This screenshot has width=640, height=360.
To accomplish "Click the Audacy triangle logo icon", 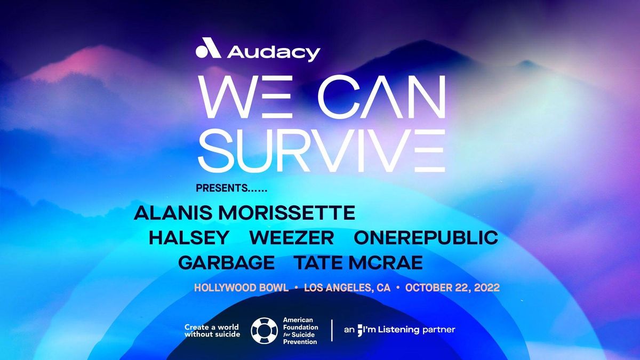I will [x=208, y=50].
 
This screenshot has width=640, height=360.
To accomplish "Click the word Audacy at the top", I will [x=273, y=52].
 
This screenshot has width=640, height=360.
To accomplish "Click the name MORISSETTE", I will [x=286, y=212].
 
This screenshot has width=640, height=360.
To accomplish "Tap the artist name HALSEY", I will [x=189, y=237].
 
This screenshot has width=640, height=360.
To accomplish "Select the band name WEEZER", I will [x=291, y=237].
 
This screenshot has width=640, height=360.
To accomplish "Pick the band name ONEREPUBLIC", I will [x=426, y=237].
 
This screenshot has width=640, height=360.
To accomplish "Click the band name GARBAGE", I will [x=227, y=262].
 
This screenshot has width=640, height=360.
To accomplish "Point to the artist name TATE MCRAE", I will [x=358, y=262].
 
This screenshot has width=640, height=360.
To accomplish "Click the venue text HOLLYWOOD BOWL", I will [x=241, y=287].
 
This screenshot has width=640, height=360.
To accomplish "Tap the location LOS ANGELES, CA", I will [x=347, y=287].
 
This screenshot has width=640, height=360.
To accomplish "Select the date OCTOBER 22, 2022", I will [x=452, y=287].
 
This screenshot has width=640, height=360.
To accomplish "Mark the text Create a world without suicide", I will [x=212, y=331].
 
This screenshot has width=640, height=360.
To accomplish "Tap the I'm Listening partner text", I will [x=399, y=330].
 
